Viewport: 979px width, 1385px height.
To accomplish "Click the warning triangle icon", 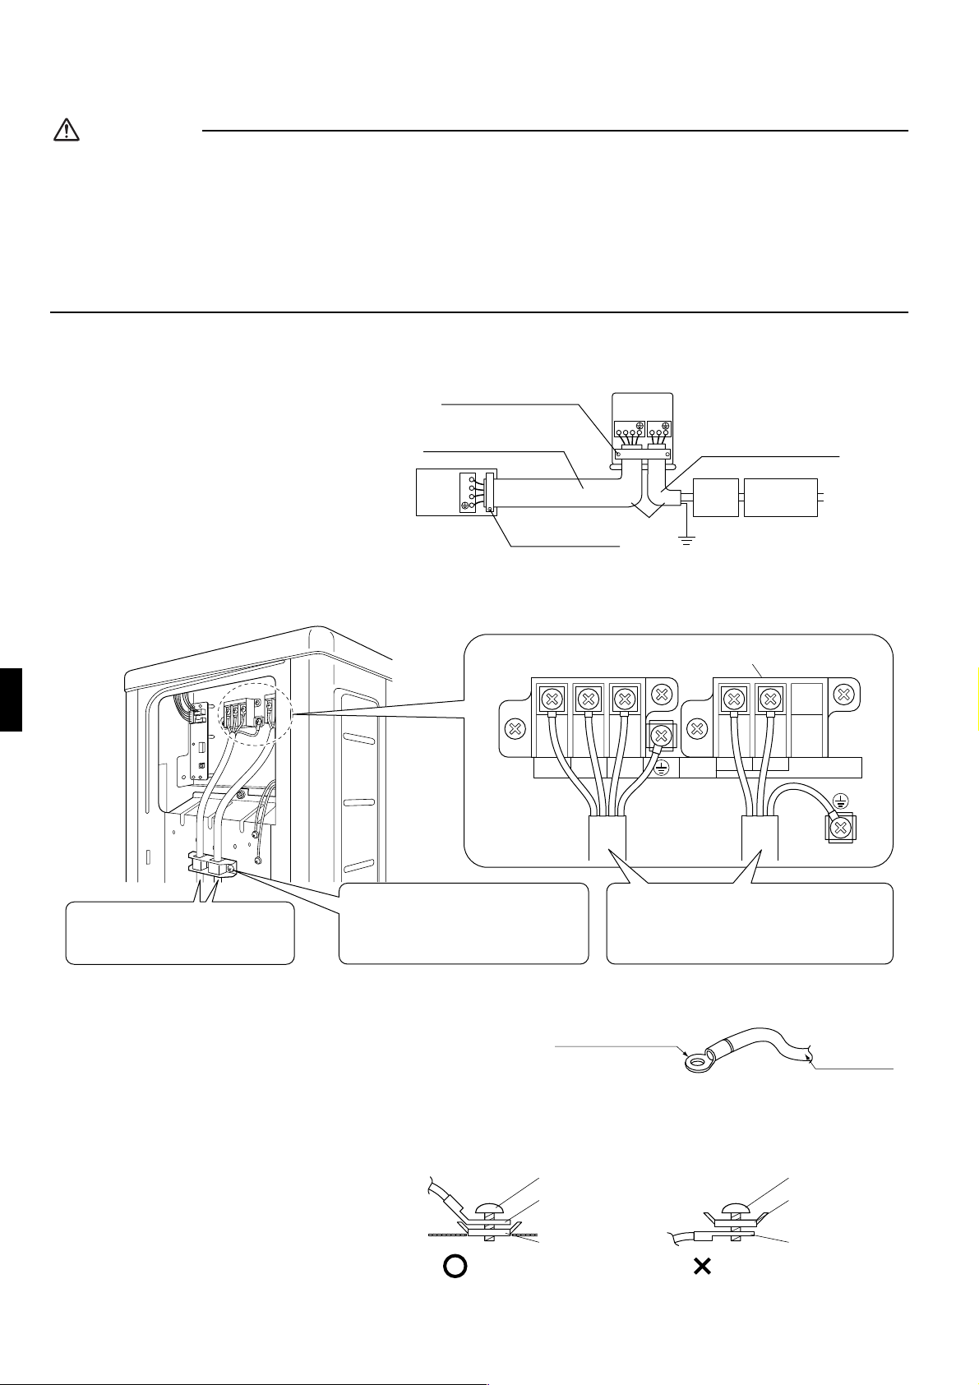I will click(x=66, y=130).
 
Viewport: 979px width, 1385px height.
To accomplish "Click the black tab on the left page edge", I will click(x=11, y=699).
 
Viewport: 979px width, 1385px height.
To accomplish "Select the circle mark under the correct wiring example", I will click(x=455, y=1267).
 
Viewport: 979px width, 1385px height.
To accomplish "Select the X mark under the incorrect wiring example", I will click(x=702, y=1267).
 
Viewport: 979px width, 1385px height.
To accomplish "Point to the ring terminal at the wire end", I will click(x=697, y=1064).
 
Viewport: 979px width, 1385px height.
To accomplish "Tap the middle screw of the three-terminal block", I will click(x=588, y=700).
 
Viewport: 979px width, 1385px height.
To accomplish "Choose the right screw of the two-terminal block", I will click(x=769, y=700).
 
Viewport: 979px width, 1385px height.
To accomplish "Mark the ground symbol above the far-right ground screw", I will click(x=840, y=800).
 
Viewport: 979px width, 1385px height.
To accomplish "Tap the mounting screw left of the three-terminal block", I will click(x=515, y=728).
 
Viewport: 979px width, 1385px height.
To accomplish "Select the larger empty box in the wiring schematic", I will click(x=780, y=496).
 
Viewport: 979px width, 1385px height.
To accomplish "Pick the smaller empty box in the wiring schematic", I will click(x=715, y=496).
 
